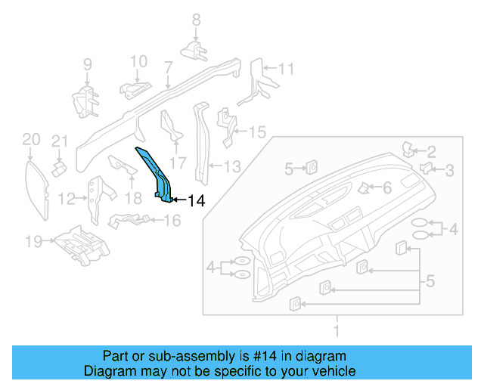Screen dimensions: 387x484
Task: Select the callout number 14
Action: tap(196, 200)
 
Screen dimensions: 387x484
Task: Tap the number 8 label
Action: tap(196, 20)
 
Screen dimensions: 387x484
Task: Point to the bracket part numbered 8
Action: tap(195, 50)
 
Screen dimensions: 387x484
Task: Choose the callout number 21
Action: tap(60, 140)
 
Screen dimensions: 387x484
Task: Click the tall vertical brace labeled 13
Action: tap(202, 144)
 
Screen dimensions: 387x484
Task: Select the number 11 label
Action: tap(285, 69)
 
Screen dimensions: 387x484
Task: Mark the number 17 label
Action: tap(178, 162)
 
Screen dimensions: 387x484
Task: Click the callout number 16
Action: tap(172, 221)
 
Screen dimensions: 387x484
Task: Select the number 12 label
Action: tap(67, 199)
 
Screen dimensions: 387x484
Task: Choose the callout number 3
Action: tap(449, 170)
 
